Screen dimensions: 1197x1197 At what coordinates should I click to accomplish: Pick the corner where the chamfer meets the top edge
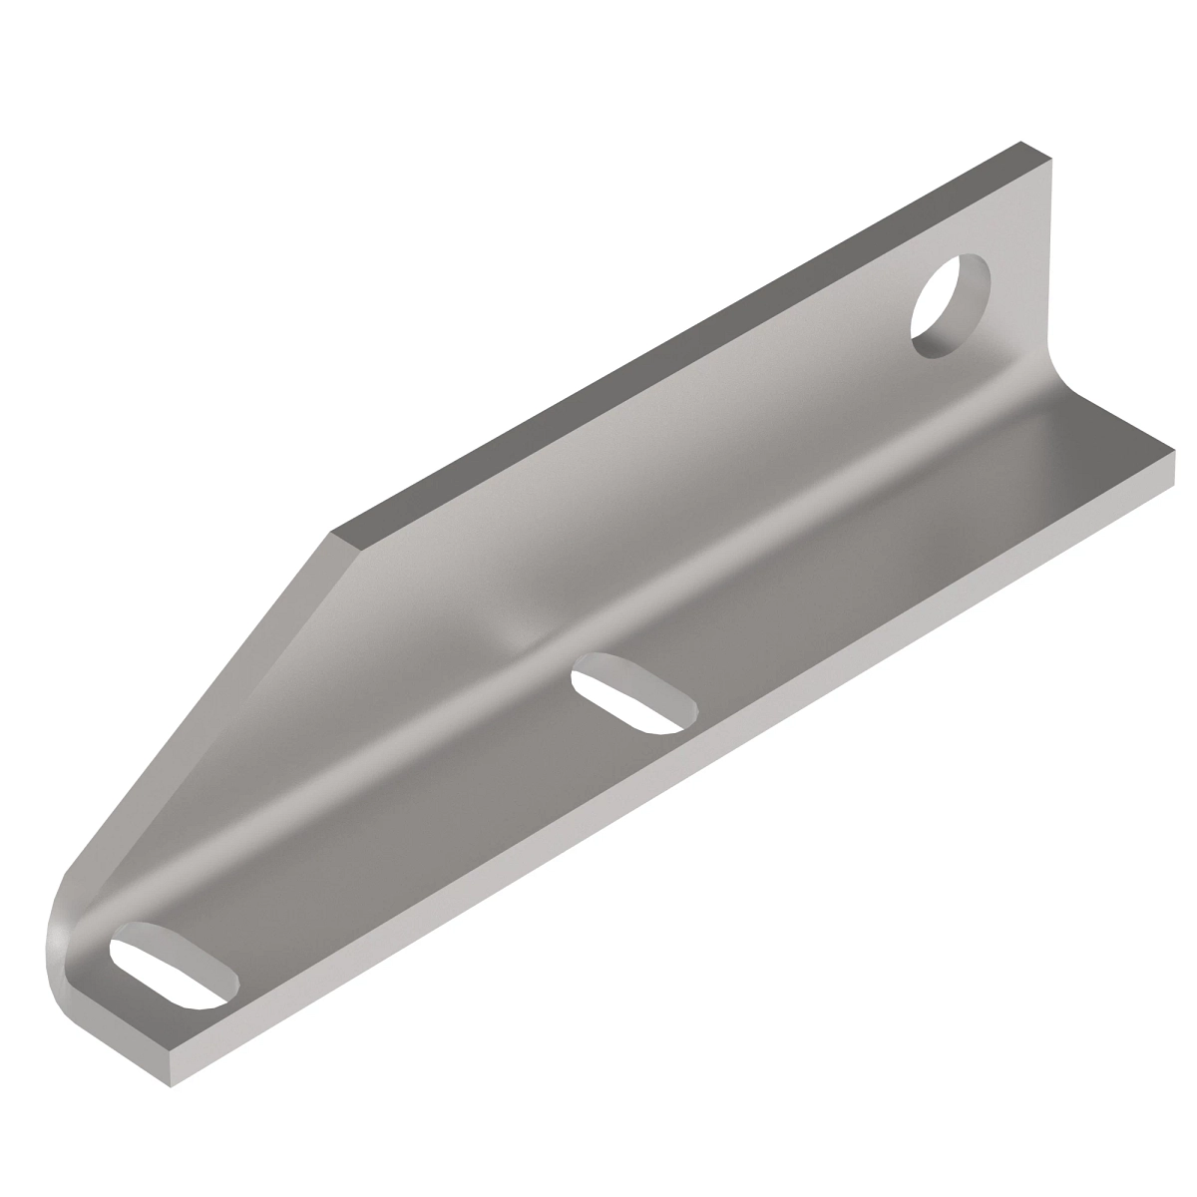pos(333,535)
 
